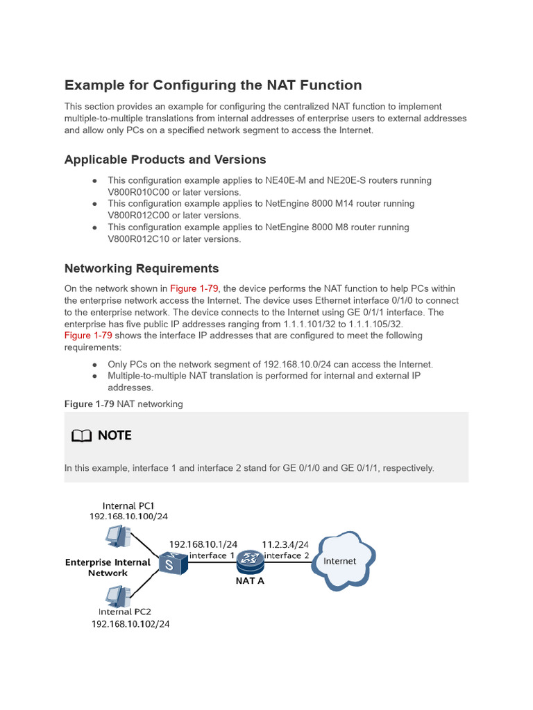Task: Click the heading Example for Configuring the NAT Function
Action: (x=213, y=85)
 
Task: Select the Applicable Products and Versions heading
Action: (x=165, y=159)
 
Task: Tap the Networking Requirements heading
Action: (x=142, y=268)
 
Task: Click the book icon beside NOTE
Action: (x=81, y=435)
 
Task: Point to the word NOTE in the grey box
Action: (x=115, y=435)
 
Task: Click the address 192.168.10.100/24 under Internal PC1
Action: (x=129, y=517)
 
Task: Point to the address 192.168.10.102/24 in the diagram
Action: (x=130, y=624)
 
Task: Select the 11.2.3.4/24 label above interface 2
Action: (x=285, y=544)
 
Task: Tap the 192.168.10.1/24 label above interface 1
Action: (x=203, y=544)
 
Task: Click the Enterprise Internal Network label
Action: (x=108, y=568)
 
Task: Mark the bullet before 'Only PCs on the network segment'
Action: (x=94, y=365)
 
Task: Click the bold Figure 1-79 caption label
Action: (x=89, y=404)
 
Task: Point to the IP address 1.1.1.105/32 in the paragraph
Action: (x=372, y=324)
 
